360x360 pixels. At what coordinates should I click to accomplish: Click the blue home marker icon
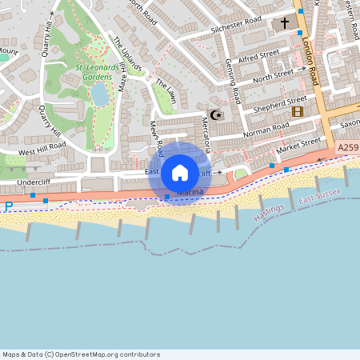[180, 172]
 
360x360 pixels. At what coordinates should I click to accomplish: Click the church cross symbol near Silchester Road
[285, 24]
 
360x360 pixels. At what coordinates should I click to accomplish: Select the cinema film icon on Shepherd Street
[298, 111]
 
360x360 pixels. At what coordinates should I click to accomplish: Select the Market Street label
[298, 146]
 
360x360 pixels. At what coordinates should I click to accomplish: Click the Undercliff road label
[18, 183]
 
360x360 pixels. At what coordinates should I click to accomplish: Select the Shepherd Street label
[279, 102]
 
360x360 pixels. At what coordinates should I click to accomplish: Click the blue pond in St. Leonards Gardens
[99, 94]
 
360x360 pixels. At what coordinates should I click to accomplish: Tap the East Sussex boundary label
[319, 195]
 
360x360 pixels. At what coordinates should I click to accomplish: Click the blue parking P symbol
[8, 206]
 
